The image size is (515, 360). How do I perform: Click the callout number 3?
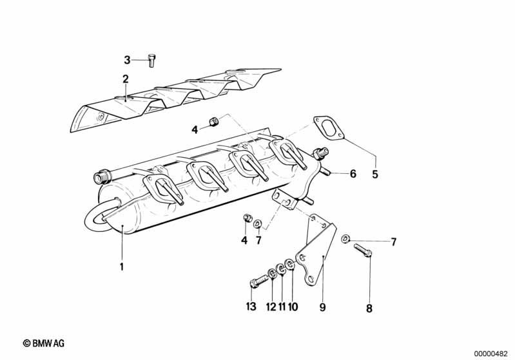127,60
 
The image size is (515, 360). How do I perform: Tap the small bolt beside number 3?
151,59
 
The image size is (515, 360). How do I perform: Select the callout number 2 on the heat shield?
126,79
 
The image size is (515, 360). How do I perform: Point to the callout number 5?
374,174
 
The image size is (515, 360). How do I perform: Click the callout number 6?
353,173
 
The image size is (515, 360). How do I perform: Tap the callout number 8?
369,308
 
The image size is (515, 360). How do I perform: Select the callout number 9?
322,307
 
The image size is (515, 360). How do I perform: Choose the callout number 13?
251,306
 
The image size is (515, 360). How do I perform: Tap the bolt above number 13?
257,281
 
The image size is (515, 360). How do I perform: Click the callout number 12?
271,306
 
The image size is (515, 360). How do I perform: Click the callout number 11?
281,306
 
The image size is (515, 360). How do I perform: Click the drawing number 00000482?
492,354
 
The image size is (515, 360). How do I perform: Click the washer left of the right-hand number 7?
345,240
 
